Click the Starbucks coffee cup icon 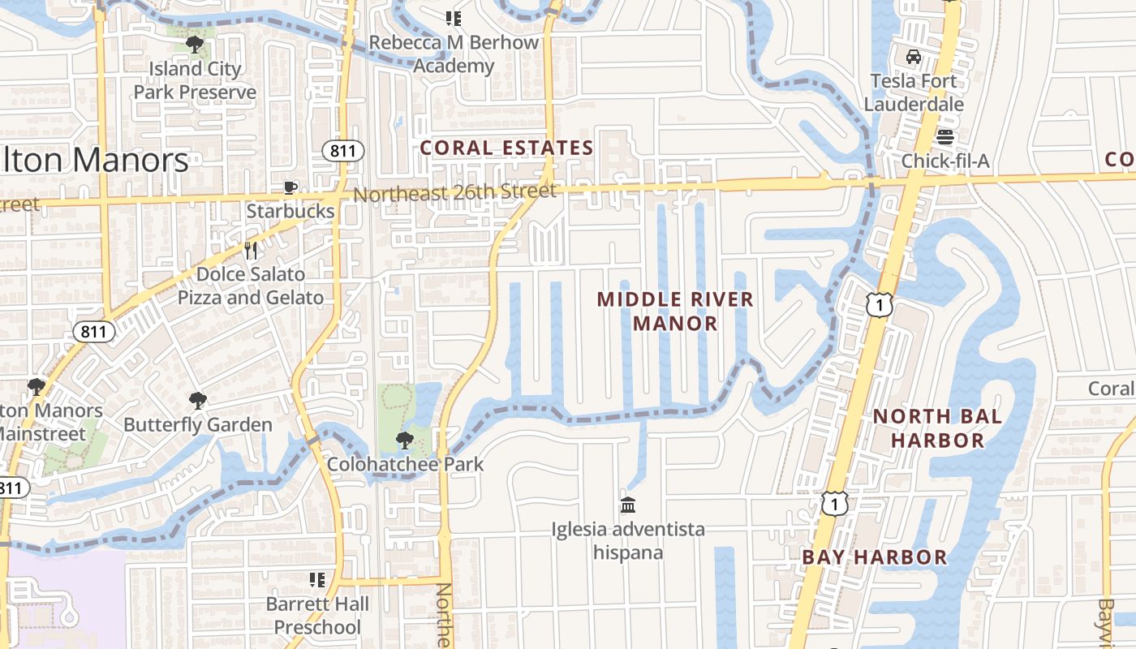[290, 188]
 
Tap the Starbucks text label [290, 212]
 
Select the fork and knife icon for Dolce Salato [251, 251]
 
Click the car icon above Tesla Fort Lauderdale [914, 57]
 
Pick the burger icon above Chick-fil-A [945, 136]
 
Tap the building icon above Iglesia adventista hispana [628, 505]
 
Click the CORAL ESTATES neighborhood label [507, 148]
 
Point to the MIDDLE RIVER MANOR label [675, 312]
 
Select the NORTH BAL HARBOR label [937, 428]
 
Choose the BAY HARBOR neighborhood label [875, 557]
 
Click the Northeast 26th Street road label [454, 193]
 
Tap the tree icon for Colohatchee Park [404, 441]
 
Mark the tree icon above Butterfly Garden [197, 400]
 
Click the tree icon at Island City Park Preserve [194, 44]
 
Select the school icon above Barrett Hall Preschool [317, 580]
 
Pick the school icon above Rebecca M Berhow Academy [454, 18]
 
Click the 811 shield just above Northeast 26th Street [342, 150]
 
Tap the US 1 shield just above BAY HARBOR [833, 504]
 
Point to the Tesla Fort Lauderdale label [914, 92]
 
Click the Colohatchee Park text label [405, 465]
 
